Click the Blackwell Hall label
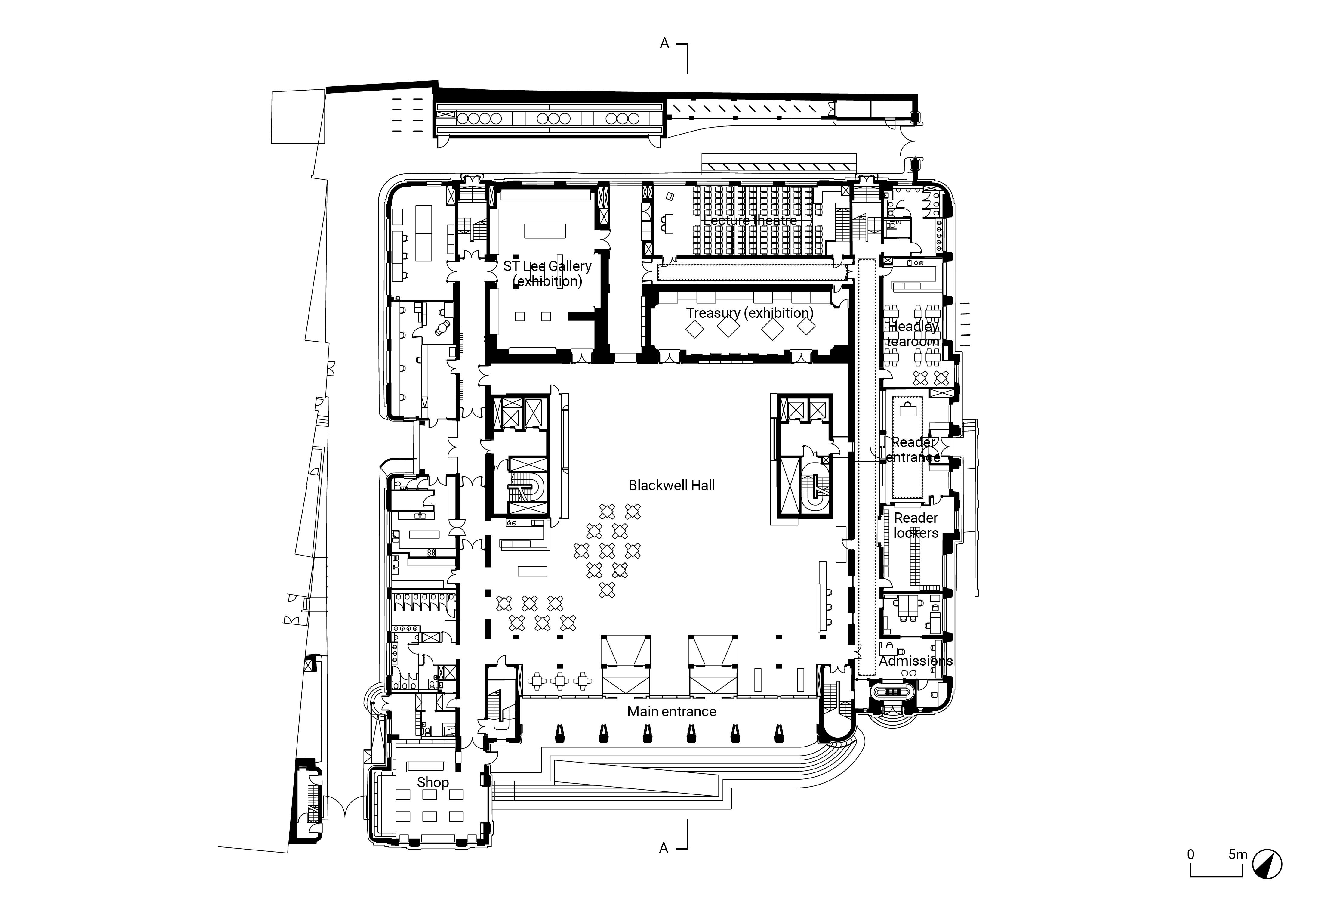671,485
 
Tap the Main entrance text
671,711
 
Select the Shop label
432,782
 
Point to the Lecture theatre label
750,220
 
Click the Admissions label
916,661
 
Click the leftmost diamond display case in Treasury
695,328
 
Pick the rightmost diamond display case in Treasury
806,326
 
